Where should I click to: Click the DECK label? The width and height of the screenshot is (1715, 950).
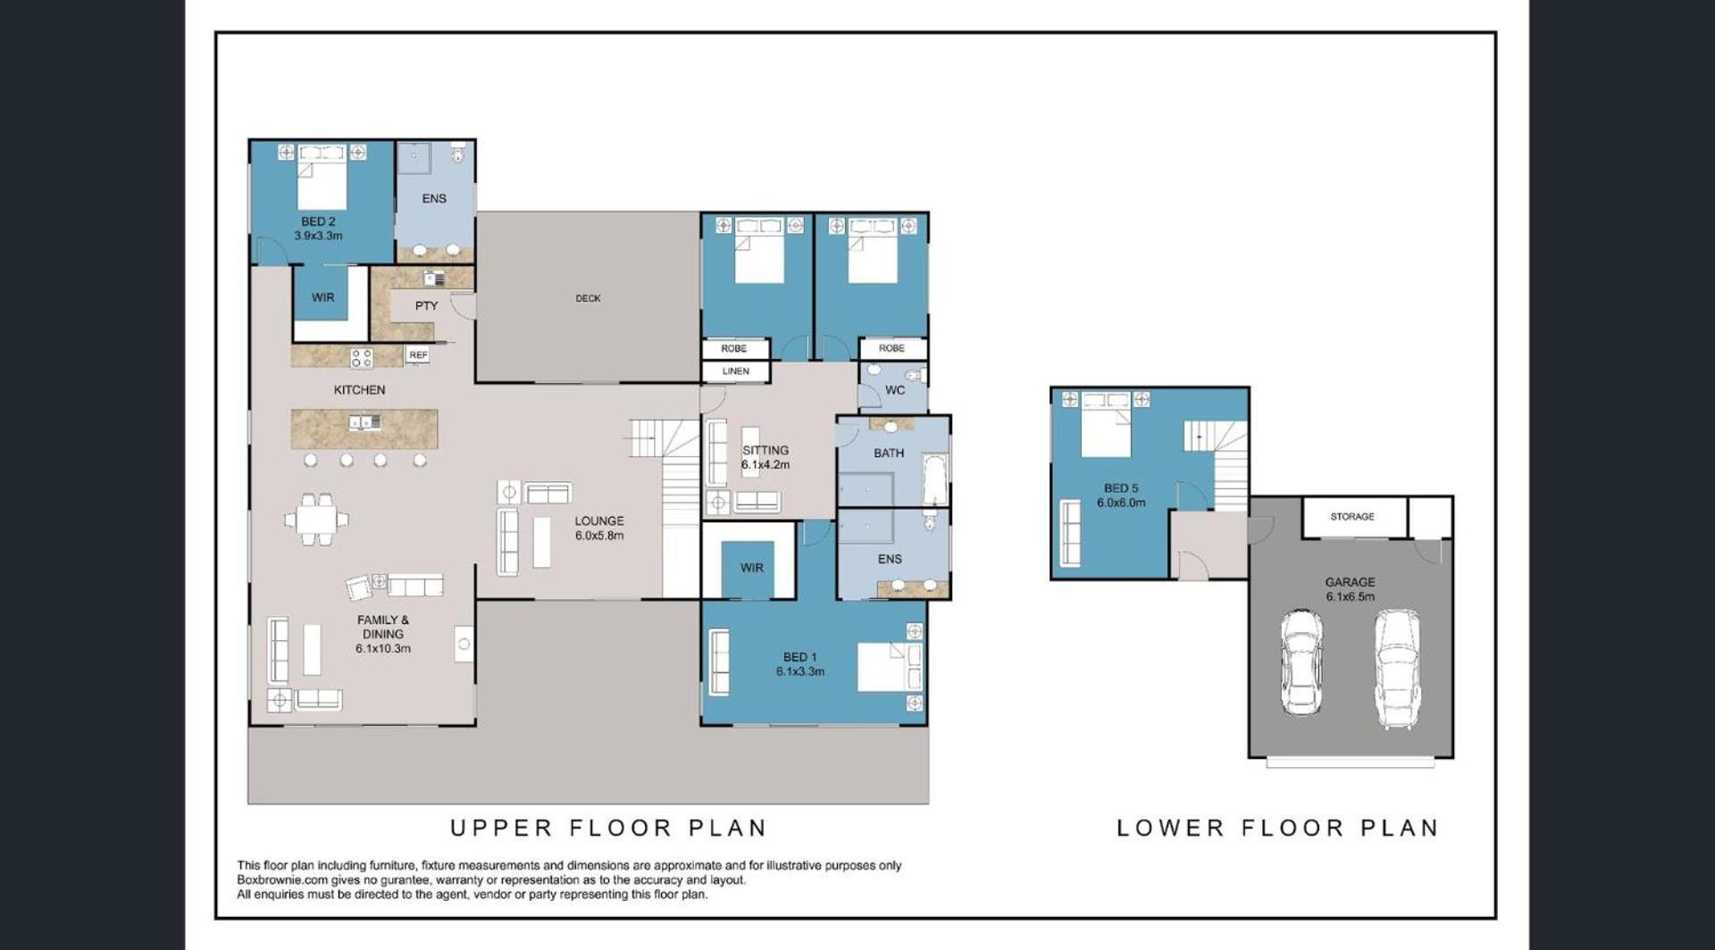click(588, 298)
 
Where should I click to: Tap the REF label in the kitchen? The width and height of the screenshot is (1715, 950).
click(418, 355)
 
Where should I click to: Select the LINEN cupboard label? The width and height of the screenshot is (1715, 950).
click(735, 371)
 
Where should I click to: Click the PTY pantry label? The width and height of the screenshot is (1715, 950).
click(426, 305)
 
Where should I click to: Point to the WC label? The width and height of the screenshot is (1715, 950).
click(895, 390)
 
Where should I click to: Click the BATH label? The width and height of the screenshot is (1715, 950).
click(889, 453)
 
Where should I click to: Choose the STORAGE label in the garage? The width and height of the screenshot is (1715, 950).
click(1352, 517)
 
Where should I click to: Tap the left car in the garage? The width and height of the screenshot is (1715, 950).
click(1301, 662)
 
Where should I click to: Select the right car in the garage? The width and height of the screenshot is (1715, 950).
click(1397, 669)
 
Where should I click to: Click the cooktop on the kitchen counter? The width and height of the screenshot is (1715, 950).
click(362, 358)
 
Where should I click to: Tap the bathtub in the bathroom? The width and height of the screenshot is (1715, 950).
click(934, 479)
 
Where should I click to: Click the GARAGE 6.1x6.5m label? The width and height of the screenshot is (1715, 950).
click(1350, 589)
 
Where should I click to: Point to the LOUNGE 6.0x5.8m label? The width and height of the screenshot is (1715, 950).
click(599, 528)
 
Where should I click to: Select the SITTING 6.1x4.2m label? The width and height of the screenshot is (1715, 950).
click(765, 457)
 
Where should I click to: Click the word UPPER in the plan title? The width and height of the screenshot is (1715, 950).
click(501, 829)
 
